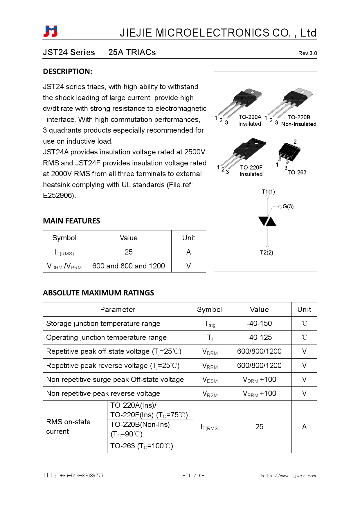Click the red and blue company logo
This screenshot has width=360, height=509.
(x=51, y=31)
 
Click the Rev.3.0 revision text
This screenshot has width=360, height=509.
(x=307, y=53)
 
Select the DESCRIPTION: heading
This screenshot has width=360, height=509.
(x=68, y=71)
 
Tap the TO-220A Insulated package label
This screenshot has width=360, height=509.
(x=250, y=120)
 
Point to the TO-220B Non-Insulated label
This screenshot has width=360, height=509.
(x=298, y=121)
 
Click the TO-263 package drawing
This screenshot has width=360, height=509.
(x=289, y=152)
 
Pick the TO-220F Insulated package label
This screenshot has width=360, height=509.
(x=251, y=171)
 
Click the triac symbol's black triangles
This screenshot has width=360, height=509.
(x=267, y=221)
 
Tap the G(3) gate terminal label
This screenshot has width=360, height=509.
(x=288, y=206)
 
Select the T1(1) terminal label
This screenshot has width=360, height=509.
(x=268, y=192)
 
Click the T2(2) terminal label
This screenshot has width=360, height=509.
(x=267, y=252)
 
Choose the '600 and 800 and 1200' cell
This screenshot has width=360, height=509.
(x=129, y=266)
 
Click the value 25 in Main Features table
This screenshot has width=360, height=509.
(x=129, y=252)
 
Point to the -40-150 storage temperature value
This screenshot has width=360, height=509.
(x=259, y=323)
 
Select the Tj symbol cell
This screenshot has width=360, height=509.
(x=210, y=337)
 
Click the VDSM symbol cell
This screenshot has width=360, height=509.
(x=210, y=380)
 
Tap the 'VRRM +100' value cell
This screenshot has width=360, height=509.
(x=259, y=394)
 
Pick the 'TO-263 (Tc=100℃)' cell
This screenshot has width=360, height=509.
(x=142, y=446)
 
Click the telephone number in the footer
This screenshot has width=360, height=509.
(x=81, y=476)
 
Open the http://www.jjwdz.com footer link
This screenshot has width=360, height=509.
(x=288, y=476)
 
